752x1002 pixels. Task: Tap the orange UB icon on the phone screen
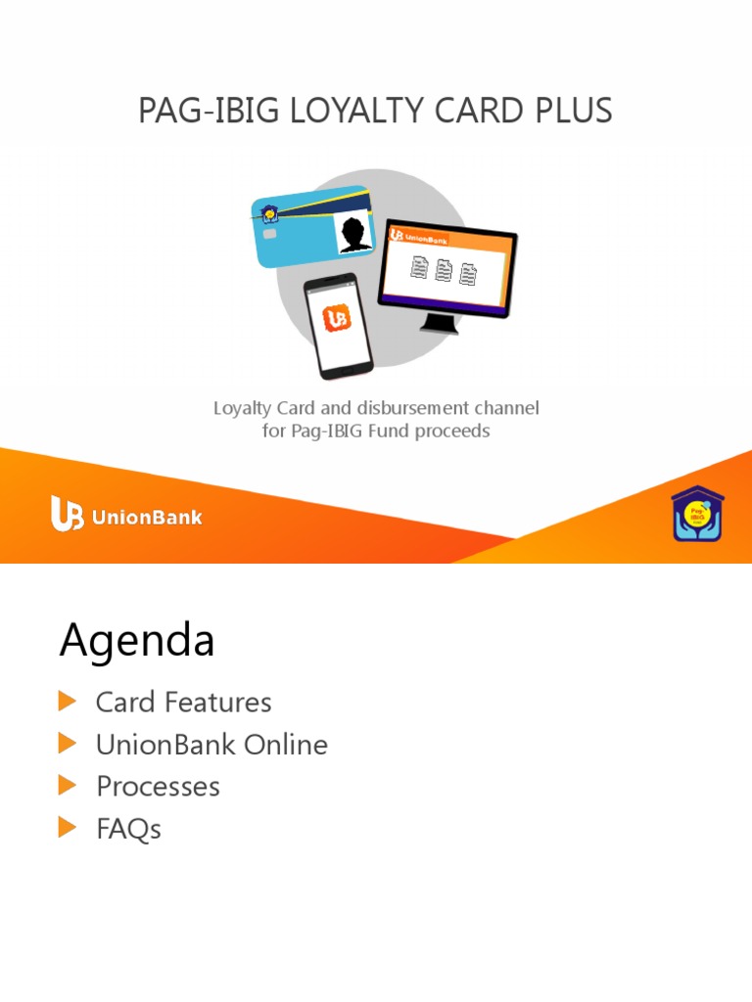click(337, 318)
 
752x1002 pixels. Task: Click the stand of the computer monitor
click(439, 324)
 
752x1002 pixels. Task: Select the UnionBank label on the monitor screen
click(416, 235)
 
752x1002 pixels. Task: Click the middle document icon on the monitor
click(444, 271)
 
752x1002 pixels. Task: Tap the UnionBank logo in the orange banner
click(126, 516)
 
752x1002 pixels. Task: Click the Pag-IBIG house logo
click(698, 515)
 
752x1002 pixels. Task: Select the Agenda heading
click(137, 642)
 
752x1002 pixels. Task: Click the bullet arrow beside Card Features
click(67, 701)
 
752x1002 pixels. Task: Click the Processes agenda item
click(158, 787)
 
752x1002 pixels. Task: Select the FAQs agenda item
click(128, 830)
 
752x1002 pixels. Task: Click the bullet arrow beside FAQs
click(67, 828)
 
